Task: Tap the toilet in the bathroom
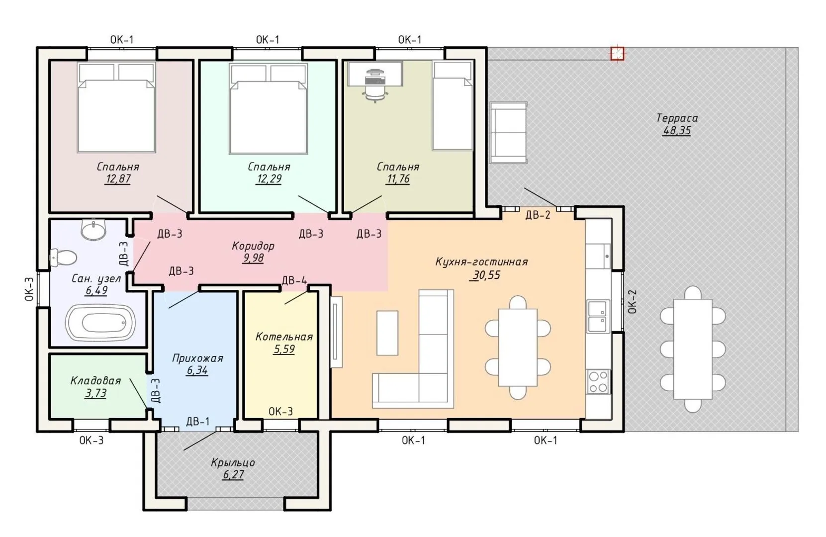tap(63, 258)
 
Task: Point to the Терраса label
tap(677, 118)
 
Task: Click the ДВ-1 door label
tap(197, 421)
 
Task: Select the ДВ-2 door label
tap(538, 215)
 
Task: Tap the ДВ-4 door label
tap(294, 280)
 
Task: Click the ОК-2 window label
tap(632, 302)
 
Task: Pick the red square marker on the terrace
tap(617, 53)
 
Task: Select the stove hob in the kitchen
tap(598, 381)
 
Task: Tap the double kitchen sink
tap(597, 316)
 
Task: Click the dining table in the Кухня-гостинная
tap(518, 348)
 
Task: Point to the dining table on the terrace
tap(693, 349)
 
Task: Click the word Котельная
tap(284, 337)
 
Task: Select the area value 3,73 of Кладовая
tap(96, 393)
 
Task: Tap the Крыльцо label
tap(233, 462)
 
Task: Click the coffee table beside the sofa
tap(387, 333)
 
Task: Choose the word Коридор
tap(253, 246)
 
